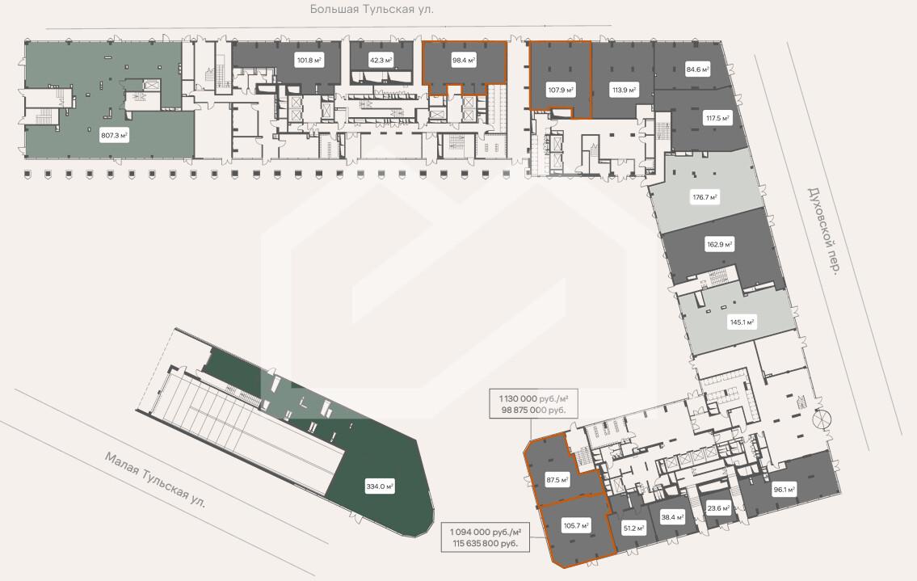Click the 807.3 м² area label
(x=115, y=136)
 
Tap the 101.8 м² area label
(x=309, y=61)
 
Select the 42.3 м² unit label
(x=381, y=61)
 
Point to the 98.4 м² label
(x=463, y=60)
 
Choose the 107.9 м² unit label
(x=561, y=91)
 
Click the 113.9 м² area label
(x=624, y=91)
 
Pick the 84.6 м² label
(x=698, y=69)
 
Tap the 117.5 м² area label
(x=717, y=119)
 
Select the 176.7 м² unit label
(x=705, y=198)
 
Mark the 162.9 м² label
(x=719, y=245)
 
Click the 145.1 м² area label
(x=742, y=322)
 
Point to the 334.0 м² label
(x=380, y=486)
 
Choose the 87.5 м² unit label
(x=557, y=480)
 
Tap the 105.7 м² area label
(x=576, y=525)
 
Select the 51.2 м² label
(x=634, y=529)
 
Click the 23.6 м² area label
(x=718, y=508)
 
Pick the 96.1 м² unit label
(x=784, y=490)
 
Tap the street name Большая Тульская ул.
(x=372, y=10)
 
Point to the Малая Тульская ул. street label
(x=156, y=479)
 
